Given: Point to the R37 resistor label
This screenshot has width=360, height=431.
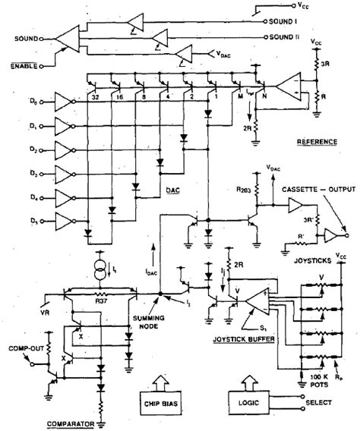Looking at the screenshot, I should (103, 300).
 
